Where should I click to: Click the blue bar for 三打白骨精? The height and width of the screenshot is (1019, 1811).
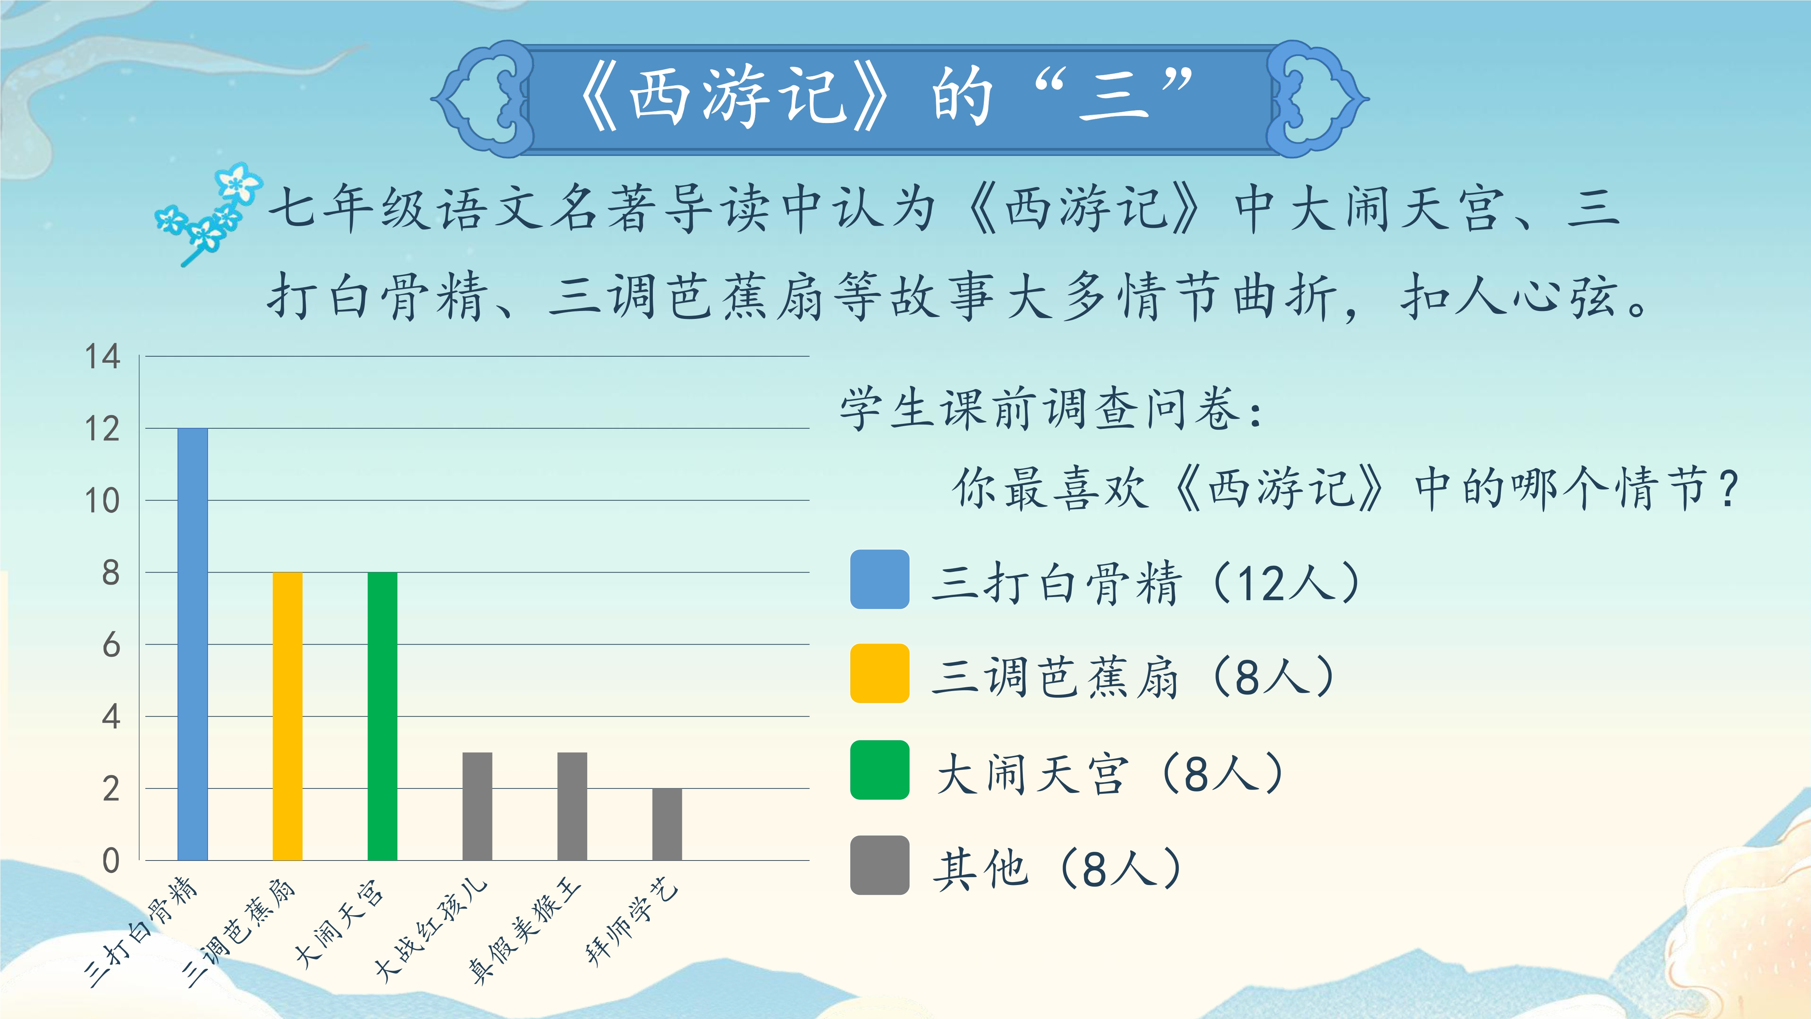(x=192, y=644)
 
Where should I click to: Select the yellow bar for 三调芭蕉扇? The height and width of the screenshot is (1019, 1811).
(x=288, y=716)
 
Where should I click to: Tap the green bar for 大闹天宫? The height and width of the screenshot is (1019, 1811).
(x=382, y=716)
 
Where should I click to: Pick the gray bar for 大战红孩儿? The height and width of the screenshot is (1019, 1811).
(x=477, y=806)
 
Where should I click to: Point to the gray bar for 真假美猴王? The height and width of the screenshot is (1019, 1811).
(x=572, y=806)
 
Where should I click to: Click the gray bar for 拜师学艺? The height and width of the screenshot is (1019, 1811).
(x=667, y=824)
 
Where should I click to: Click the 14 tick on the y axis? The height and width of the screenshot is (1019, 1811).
(x=103, y=357)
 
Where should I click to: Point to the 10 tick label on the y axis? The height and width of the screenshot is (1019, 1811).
(x=103, y=501)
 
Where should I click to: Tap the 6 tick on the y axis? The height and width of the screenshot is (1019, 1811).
(x=111, y=645)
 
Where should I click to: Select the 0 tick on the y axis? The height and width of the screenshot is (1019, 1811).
(x=111, y=860)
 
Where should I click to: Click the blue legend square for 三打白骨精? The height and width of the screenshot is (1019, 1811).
(x=880, y=579)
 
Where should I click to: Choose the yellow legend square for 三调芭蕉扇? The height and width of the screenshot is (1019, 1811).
(x=880, y=673)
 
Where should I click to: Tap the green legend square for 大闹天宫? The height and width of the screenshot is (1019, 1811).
(x=880, y=770)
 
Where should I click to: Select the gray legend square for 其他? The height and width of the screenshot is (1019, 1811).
(x=880, y=865)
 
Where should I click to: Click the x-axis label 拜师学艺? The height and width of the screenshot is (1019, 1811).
(x=632, y=921)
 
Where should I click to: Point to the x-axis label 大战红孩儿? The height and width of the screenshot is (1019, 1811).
(x=430, y=928)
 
